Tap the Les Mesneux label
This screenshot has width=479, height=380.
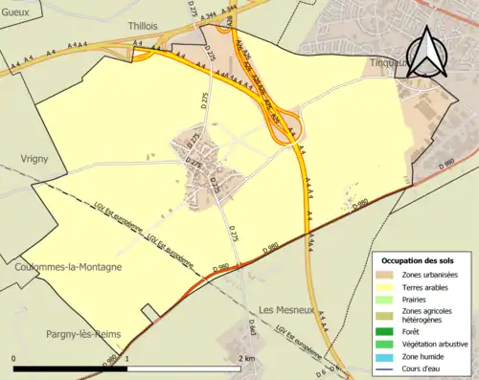point(286,310)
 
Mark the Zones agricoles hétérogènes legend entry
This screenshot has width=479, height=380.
point(427,316)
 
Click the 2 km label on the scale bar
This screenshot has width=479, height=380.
point(247,358)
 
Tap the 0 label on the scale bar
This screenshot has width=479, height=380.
point(14,358)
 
